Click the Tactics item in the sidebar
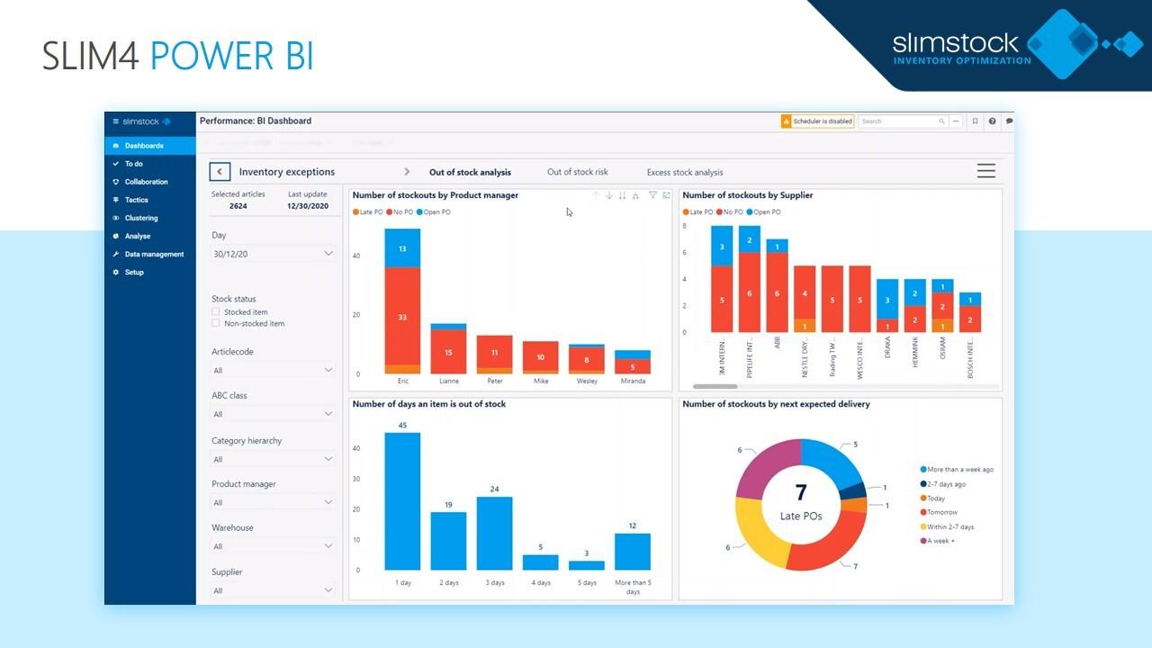[136, 200]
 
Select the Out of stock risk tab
[577, 172]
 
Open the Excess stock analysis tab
[684, 172]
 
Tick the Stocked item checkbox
[216, 312]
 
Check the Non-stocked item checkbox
[216, 323]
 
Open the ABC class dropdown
[273, 414]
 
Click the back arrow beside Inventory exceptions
[220, 172]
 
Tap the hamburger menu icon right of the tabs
[985, 171]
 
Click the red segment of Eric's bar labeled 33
[402, 316]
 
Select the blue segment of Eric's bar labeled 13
[402, 248]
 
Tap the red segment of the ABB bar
[778, 292]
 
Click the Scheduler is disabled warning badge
[817, 121]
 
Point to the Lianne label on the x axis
[448, 381]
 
